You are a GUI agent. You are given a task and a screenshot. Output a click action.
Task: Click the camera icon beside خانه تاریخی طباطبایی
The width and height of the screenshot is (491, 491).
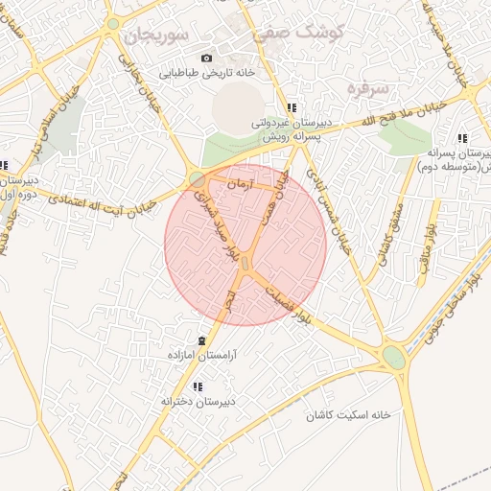pos(207,58)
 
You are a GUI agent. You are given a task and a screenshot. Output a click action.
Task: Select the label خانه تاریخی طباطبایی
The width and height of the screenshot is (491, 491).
pos(205,72)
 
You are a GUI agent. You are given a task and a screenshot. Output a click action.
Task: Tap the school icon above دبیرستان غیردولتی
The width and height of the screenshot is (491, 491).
pos(291,108)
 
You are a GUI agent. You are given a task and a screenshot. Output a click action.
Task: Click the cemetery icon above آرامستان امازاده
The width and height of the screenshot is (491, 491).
pos(201,341)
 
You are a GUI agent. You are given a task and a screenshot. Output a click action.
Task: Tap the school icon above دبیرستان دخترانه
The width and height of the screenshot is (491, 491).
pos(198,386)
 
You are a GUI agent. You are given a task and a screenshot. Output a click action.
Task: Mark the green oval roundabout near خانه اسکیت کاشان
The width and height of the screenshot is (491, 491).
pos(393,358)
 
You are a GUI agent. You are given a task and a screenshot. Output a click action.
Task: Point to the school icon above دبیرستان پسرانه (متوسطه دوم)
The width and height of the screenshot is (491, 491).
pos(462,138)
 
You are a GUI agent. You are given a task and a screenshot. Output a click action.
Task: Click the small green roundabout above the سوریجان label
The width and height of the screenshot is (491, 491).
pos(113,23)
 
